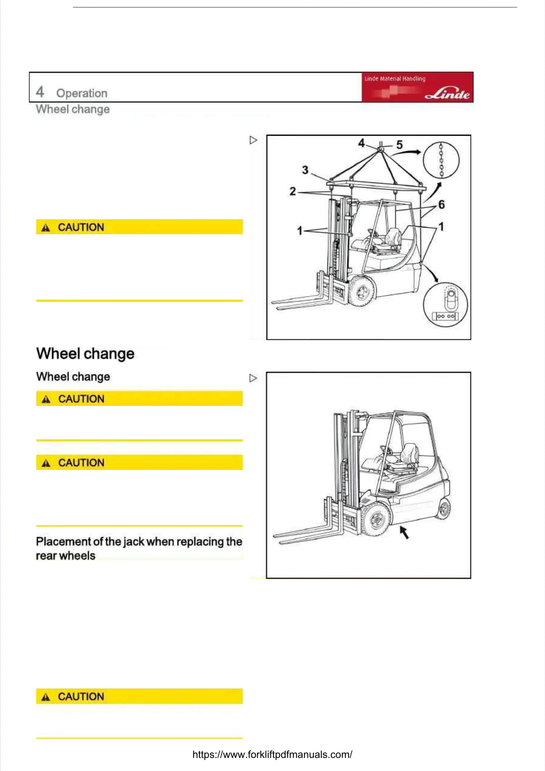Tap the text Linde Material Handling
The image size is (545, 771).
click(x=395, y=79)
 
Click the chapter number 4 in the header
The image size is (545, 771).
click(x=40, y=92)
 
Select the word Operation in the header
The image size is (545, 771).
click(x=82, y=93)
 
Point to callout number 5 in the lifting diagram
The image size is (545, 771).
click(x=399, y=145)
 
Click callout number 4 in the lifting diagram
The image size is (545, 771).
click(x=361, y=143)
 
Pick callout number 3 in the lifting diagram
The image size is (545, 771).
click(x=305, y=170)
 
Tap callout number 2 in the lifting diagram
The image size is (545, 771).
click(x=292, y=191)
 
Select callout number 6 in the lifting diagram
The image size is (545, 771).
click(x=441, y=204)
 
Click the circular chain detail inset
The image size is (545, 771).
click(x=441, y=160)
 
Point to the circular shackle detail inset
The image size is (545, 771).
click(x=446, y=305)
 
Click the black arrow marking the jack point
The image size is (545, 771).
click(x=404, y=532)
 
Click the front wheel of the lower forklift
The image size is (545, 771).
click(x=377, y=519)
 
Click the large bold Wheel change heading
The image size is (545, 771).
click(x=85, y=353)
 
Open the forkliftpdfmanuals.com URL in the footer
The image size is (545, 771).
click(x=272, y=754)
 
